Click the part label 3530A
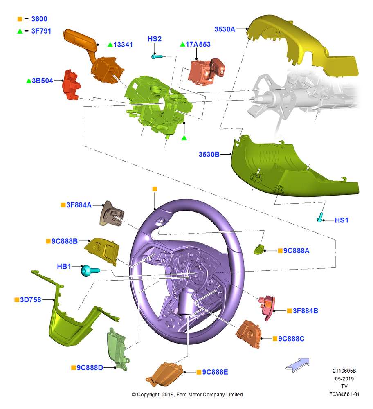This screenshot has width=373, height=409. (x=225, y=29)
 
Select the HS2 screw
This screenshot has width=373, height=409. (x=157, y=56)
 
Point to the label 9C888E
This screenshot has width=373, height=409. (x=215, y=372)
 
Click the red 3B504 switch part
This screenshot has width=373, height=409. (x=71, y=84)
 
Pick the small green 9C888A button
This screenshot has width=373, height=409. (x=258, y=249)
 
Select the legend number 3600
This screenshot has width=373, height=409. (x=39, y=19)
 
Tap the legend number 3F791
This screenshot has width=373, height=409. (x=41, y=31)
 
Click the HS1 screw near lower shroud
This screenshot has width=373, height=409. (x=320, y=217)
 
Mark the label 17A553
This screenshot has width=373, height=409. (x=198, y=44)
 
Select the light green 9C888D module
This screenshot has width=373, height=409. (x=117, y=348)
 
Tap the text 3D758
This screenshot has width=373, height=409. (x=31, y=300)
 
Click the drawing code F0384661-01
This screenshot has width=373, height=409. (x=344, y=394)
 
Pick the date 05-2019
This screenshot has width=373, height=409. (x=344, y=378)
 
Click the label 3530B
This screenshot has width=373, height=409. (x=209, y=155)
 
